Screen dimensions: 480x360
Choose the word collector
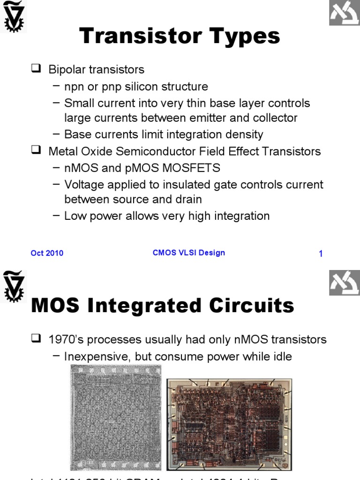click(x=271, y=118)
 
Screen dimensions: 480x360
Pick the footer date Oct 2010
click(x=47, y=253)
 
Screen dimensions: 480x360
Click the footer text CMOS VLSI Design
click(x=189, y=253)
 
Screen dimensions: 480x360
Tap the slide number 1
click(x=321, y=254)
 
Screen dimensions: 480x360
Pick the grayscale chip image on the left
click(x=116, y=418)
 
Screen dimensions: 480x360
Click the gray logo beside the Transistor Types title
click(x=344, y=15)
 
